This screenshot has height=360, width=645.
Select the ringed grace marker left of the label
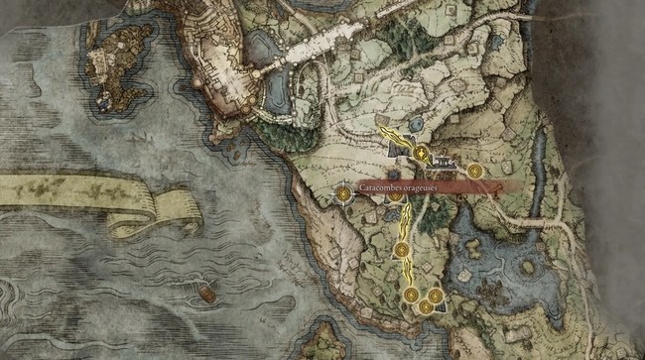(343, 194)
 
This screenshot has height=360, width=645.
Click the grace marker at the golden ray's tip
(422, 154)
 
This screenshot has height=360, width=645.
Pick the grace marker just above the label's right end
(475, 172)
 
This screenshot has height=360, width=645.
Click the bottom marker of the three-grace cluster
(425, 306)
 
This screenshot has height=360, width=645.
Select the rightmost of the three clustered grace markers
(435, 296)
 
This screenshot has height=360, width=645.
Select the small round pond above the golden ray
(414, 121)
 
